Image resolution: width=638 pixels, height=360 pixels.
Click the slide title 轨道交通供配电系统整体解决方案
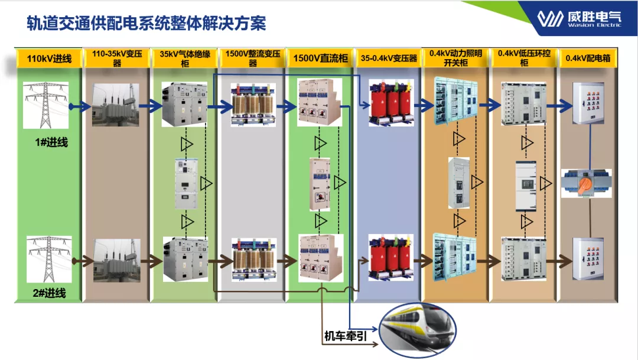pyautogui.click(x=147, y=23)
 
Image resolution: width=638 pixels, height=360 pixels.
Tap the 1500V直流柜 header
pyautogui.click(x=320, y=58)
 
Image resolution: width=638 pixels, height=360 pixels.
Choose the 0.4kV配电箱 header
pyautogui.click(x=587, y=58)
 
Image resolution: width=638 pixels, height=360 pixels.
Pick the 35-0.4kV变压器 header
pyautogui.click(x=389, y=58)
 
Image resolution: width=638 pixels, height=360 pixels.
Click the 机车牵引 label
pyautogui.click(x=346, y=336)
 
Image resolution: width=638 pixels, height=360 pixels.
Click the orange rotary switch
pyautogui.click(x=585, y=183)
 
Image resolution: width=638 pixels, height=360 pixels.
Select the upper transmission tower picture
pyautogui.click(x=45, y=105)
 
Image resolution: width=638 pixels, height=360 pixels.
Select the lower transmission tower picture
pyautogui.click(x=48, y=258)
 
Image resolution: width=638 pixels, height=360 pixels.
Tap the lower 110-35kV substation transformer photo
pyautogui.click(x=116, y=260)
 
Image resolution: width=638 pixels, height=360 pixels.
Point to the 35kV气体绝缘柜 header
pyautogui.click(x=184, y=58)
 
